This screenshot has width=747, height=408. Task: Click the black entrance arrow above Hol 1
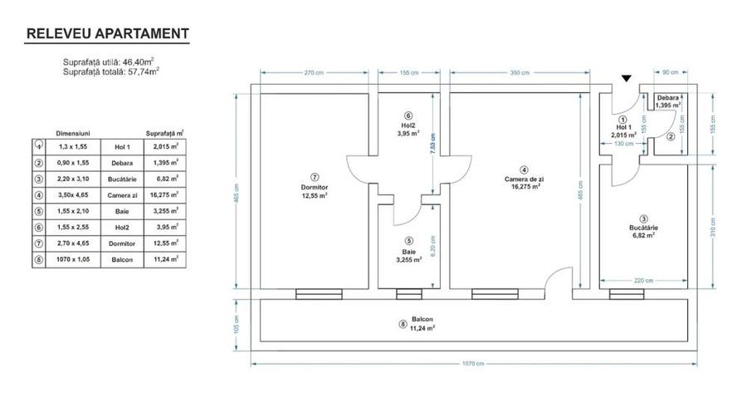pyautogui.click(x=627, y=78)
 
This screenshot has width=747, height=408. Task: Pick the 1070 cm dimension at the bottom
pyautogui.click(x=475, y=364)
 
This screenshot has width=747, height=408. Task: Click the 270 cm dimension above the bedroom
pyautogui.click(x=315, y=72)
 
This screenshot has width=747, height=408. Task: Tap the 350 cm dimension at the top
pyautogui.click(x=520, y=72)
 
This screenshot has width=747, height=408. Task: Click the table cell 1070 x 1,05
pyautogui.click(x=73, y=259)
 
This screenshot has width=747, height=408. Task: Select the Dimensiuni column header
pyautogui.click(x=73, y=132)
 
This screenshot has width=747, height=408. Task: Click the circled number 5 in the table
pyautogui.click(x=38, y=211)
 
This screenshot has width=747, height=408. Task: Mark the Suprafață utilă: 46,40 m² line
pyautogui.click(x=110, y=62)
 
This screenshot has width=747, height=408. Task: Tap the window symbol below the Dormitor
pyautogui.click(x=315, y=292)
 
